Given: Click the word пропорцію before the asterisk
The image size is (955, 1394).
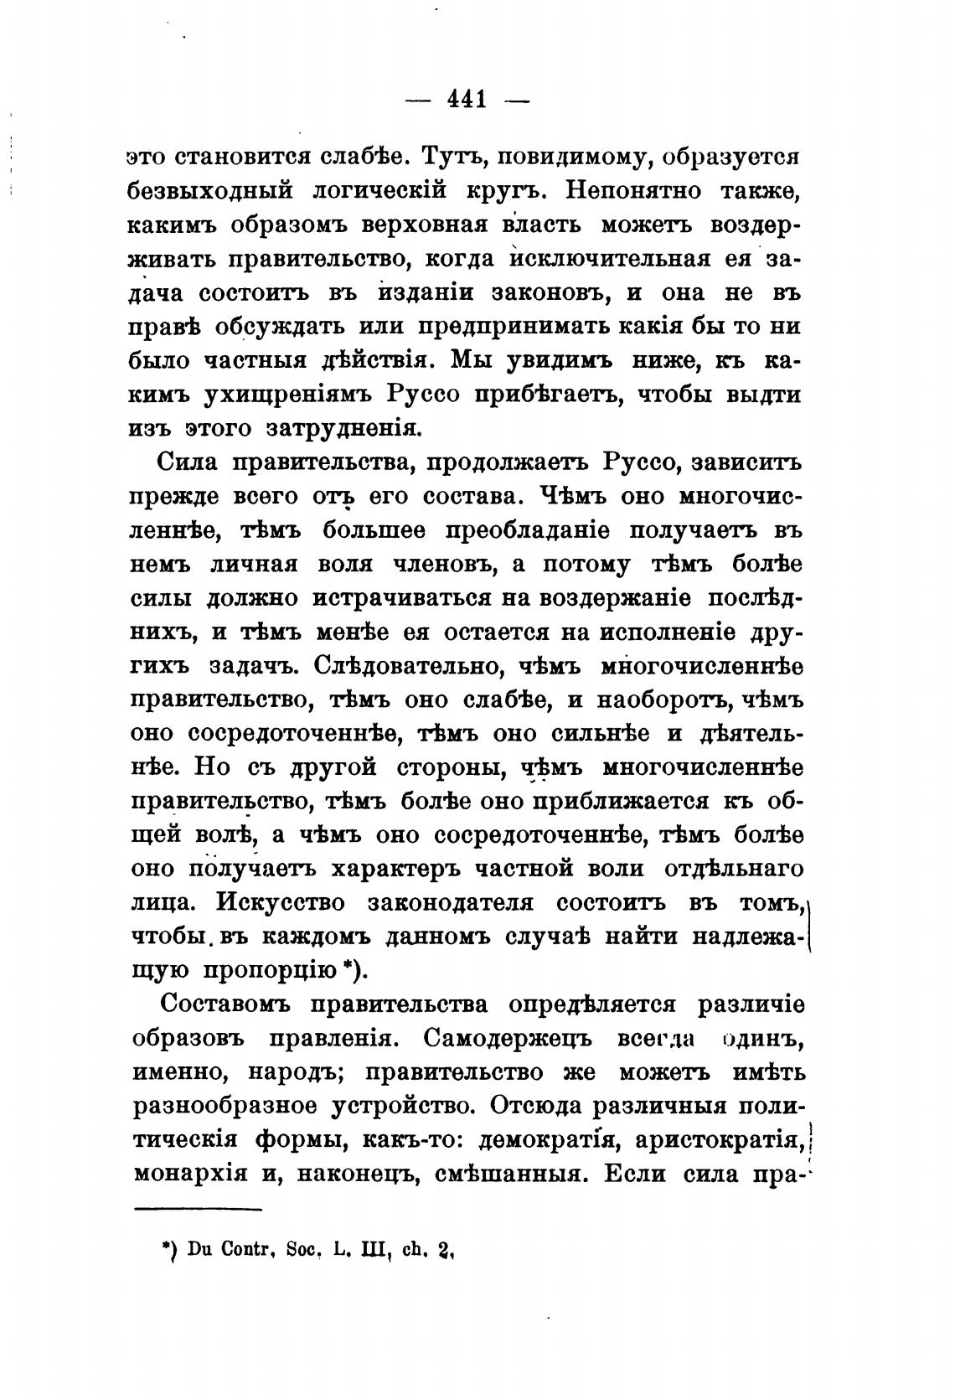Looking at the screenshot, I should click(271, 971).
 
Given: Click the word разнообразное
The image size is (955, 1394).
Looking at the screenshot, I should click(221, 1107).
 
